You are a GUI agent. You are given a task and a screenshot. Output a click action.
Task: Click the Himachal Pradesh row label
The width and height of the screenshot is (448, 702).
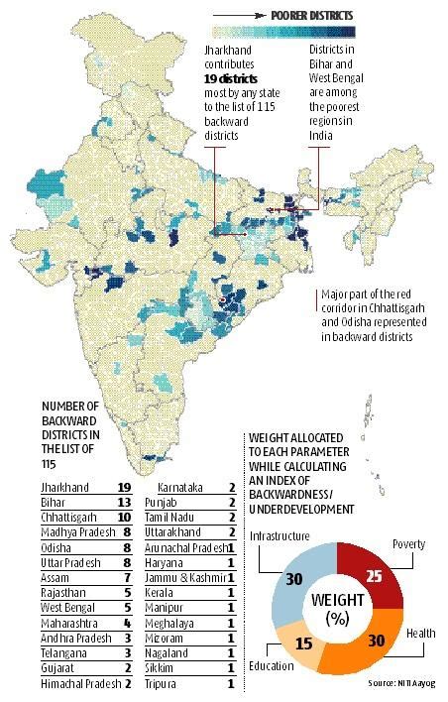[x=77, y=682]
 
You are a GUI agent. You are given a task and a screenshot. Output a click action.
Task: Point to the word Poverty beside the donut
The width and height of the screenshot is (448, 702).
[x=409, y=543]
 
